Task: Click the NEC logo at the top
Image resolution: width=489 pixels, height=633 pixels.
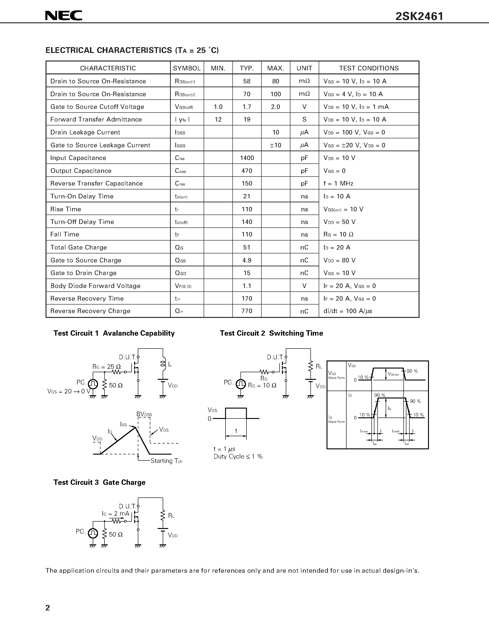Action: point(64,16)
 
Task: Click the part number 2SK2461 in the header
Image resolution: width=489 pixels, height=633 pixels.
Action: point(419,16)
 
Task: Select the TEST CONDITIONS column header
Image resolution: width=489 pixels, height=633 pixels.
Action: point(369,68)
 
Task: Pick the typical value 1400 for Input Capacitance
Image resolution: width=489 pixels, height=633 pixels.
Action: point(247,158)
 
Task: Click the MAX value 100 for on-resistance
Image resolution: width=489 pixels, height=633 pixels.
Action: point(275,94)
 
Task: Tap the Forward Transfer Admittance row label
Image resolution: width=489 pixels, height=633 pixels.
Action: point(96,119)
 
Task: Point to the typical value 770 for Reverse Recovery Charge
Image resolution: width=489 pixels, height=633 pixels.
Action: point(247,311)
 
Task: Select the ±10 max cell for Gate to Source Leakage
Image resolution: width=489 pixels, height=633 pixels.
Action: point(275,145)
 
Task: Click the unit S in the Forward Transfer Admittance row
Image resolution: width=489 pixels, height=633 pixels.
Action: point(304,119)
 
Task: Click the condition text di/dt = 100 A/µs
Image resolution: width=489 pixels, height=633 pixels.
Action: point(348,311)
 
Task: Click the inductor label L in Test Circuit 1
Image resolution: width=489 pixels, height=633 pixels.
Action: point(170,364)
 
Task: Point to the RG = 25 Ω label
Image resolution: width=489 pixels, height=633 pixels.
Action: point(106,367)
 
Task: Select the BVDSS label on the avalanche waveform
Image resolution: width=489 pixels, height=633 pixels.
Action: point(144,414)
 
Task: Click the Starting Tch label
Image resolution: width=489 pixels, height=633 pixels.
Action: point(166,461)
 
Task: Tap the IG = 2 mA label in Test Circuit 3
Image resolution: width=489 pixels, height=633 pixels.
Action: point(115,514)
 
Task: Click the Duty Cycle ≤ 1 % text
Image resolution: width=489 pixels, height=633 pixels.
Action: point(238,456)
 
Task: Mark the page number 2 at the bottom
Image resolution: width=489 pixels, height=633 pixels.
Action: point(48,607)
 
